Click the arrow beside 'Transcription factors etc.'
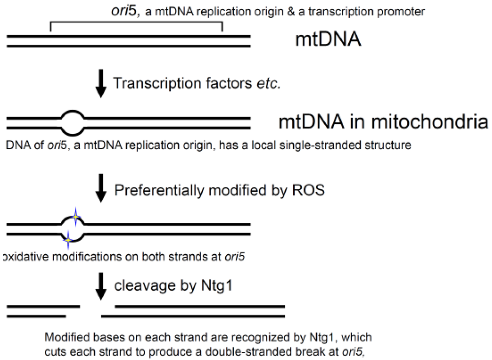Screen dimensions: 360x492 pos(100,85)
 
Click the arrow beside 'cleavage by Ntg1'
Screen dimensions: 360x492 pos(101,288)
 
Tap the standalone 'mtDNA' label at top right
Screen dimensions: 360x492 pos(328,40)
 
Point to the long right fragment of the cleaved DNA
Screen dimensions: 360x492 pos(199,311)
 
